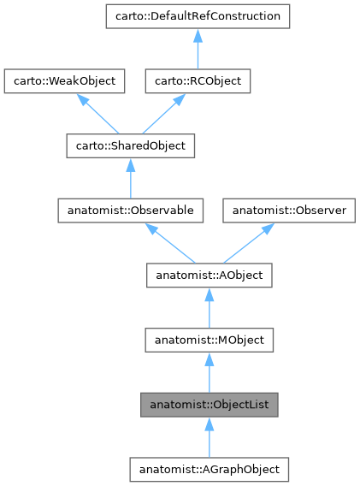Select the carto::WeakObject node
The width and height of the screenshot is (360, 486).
tap(65, 81)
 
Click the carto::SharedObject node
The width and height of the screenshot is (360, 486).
tap(129, 145)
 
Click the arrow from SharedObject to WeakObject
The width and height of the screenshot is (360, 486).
tap(96, 114)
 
